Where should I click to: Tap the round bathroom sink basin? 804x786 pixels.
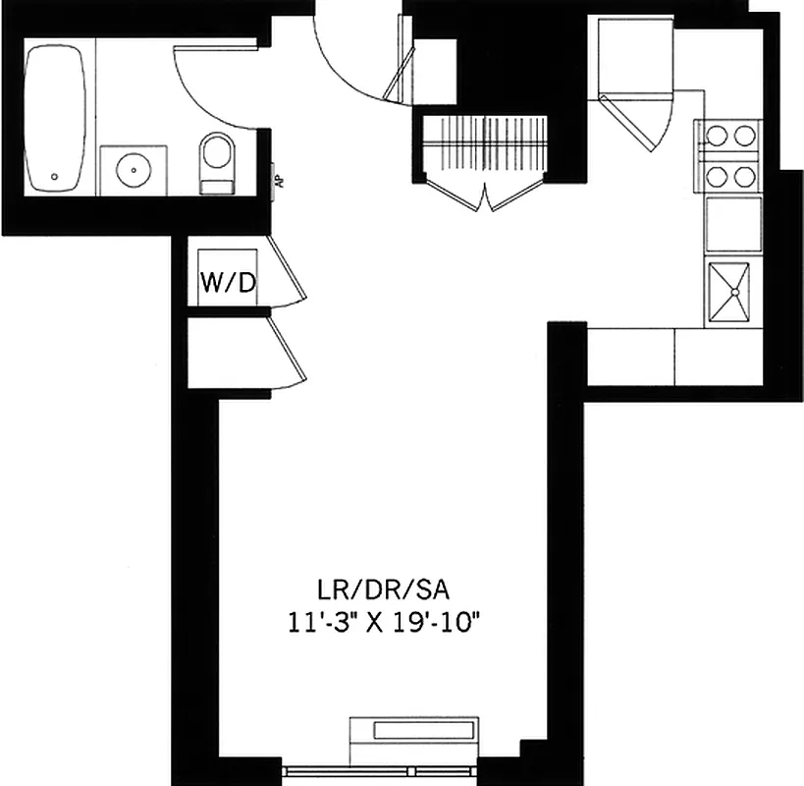click(x=132, y=170)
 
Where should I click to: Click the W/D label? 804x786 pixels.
click(x=228, y=283)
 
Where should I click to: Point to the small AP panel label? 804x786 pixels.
click(x=278, y=181)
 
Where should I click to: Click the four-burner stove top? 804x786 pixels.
click(x=730, y=155)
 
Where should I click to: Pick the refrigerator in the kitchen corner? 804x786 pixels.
click(x=632, y=59)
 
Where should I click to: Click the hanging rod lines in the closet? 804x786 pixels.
click(x=483, y=142)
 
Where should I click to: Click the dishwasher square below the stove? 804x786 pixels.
click(x=732, y=224)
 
